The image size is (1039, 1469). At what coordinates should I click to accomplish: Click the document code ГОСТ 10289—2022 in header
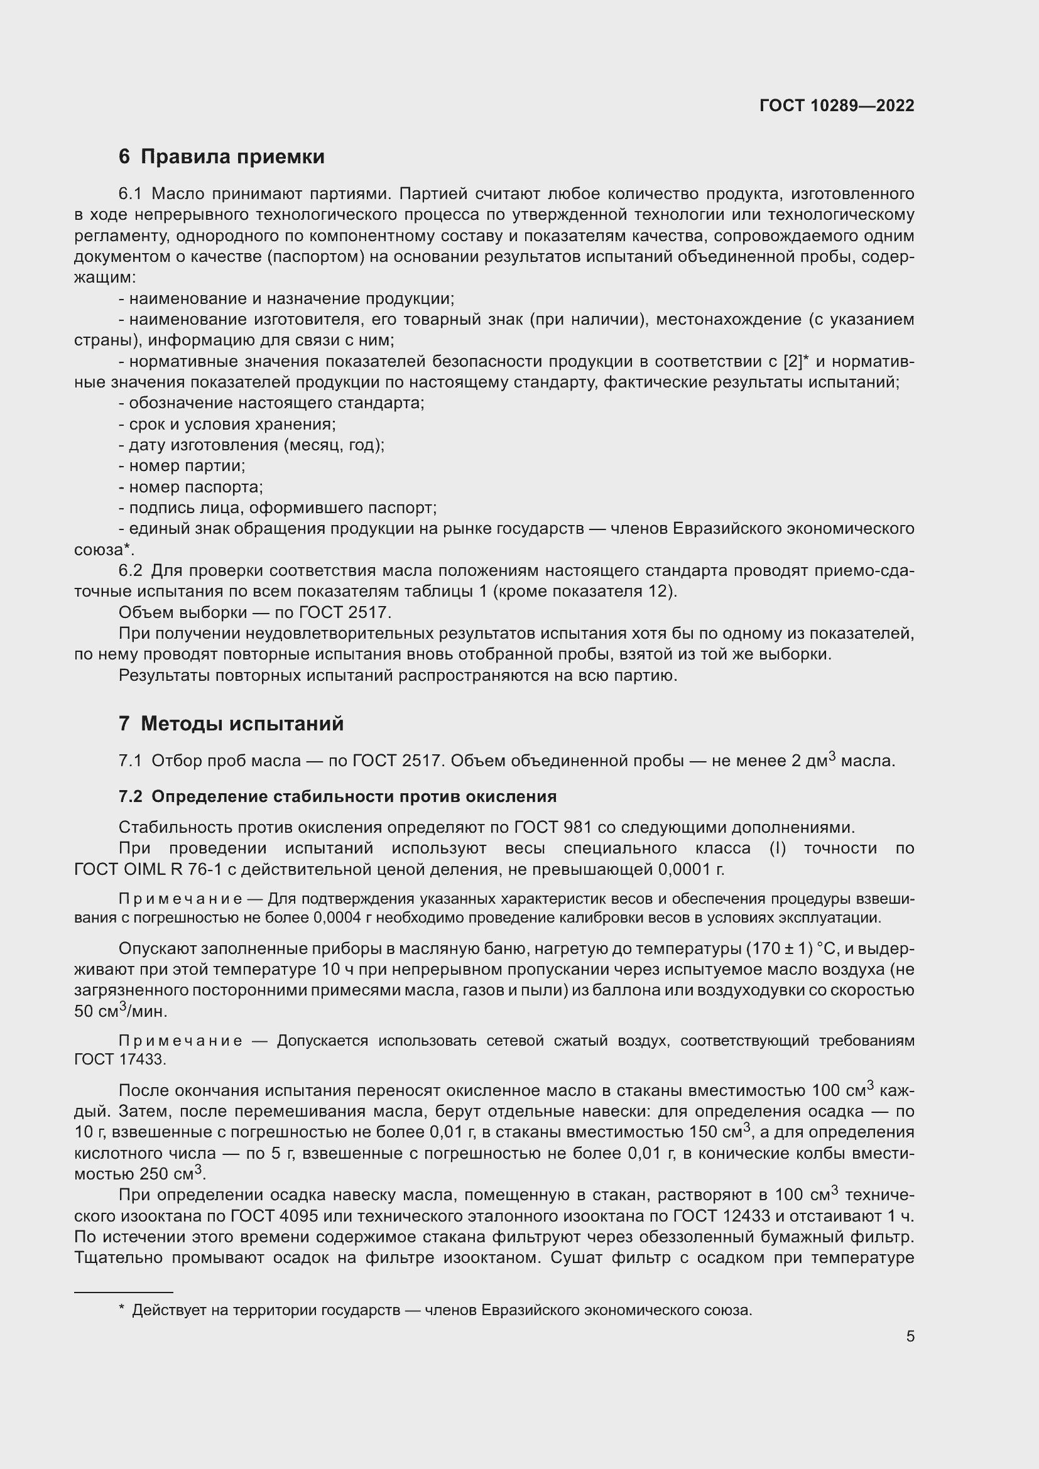click(836, 106)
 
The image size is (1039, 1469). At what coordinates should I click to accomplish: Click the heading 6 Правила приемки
click(221, 157)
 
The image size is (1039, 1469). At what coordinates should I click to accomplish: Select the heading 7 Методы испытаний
click(231, 724)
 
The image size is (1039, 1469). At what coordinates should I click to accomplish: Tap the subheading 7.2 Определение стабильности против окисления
click(337, 796)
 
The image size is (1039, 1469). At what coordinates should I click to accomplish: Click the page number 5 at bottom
click(910, 1336)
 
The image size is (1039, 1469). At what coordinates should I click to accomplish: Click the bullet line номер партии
click(182, 466)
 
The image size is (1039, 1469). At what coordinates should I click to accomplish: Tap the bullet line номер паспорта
click(192, 487)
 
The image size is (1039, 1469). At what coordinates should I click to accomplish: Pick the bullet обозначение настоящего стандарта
click(272, 403)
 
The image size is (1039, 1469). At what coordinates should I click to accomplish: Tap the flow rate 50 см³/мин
click(120, 1012)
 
